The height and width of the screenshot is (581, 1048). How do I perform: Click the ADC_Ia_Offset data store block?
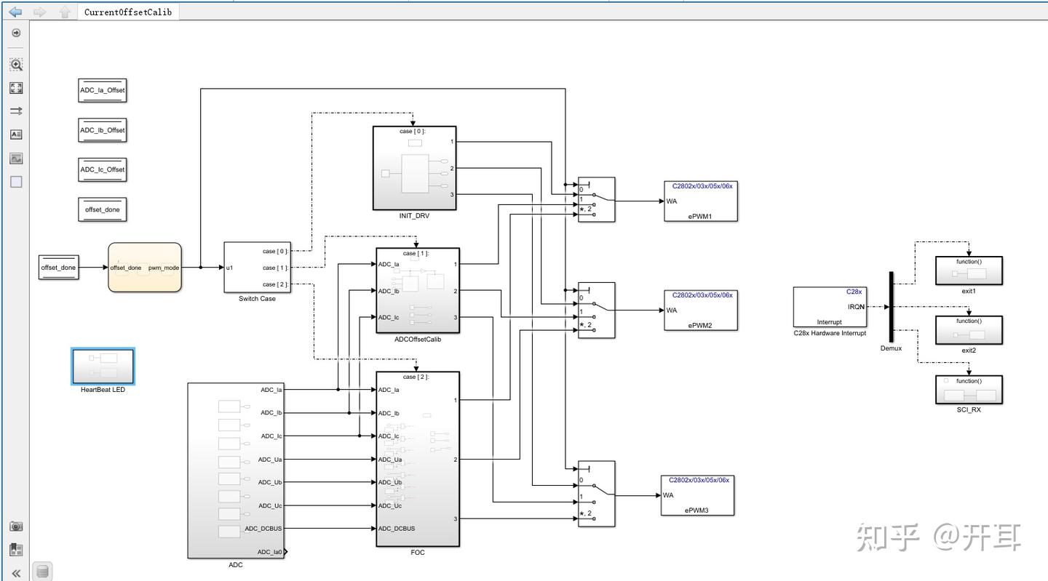tap(102, 90)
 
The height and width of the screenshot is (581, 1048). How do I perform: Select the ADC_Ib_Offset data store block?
tap(102, 130)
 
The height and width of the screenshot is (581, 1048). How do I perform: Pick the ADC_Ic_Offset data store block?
tap(102, 169)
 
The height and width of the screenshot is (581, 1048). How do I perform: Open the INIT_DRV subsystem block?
tap(414, 167)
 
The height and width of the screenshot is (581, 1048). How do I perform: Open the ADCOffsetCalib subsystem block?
tap(417, 290)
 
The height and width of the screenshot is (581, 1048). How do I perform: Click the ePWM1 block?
tap(699, 201)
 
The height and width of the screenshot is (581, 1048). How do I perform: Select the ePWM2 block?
tap(699, 310)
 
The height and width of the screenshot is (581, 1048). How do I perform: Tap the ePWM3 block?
tap(696, 494)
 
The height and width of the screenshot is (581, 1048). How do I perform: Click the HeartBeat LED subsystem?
tap(103, 366)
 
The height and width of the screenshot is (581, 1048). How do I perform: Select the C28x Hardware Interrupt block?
tap(830, 306)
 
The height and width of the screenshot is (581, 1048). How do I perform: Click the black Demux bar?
tap(890, 306)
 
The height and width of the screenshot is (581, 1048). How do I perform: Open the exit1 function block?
tap(968, 271)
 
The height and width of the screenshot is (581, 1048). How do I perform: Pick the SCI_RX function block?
tap(968, 390)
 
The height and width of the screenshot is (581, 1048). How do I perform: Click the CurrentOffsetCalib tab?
tap(127, 12)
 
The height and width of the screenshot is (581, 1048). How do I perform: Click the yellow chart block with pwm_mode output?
tap(144, 267)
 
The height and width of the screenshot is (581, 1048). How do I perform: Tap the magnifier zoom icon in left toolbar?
tap(16, 65)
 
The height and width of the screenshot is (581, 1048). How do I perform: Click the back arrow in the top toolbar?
tap(15, 12)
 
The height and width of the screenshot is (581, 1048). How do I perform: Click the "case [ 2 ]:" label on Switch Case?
tap(275, 284)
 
